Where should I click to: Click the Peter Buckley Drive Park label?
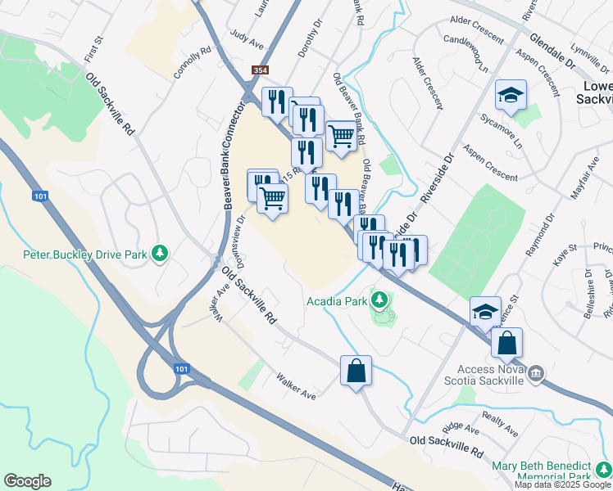coord(84,255)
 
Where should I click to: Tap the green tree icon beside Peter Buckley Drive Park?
coord(161,255)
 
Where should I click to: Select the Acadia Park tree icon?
coord(379,301)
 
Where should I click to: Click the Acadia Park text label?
coord(337,301)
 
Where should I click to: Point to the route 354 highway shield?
coord(260,72)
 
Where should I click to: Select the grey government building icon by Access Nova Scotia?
coord(536,374)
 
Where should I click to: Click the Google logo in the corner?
coord(27,481)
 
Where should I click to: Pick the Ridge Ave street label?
coord(461,428)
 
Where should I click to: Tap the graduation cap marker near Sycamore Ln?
coord(511,96)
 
